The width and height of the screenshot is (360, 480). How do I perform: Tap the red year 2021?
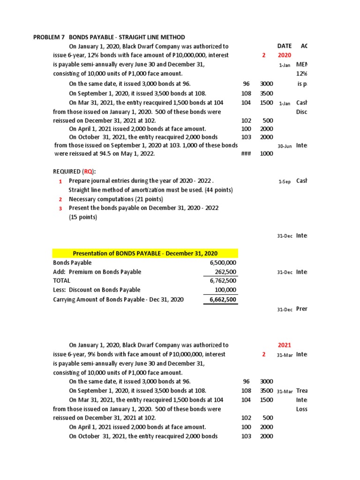pyautogui.click(x=285, y=345)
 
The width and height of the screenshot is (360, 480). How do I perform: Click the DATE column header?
pyautogui.click(x=284, y=46)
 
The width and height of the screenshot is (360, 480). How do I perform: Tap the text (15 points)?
pyautogui.click(x=82, y=217)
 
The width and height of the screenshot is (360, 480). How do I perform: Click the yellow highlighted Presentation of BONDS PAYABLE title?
pyautogui.click(x=145, y=254)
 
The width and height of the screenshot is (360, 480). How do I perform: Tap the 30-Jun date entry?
pyautogui.click(x=285, y=146)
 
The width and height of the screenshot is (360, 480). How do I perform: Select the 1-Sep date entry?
pyautogui.click(x=285, y=182)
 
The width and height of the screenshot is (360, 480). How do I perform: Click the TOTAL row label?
pyautogui.click(x=61, y=281)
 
